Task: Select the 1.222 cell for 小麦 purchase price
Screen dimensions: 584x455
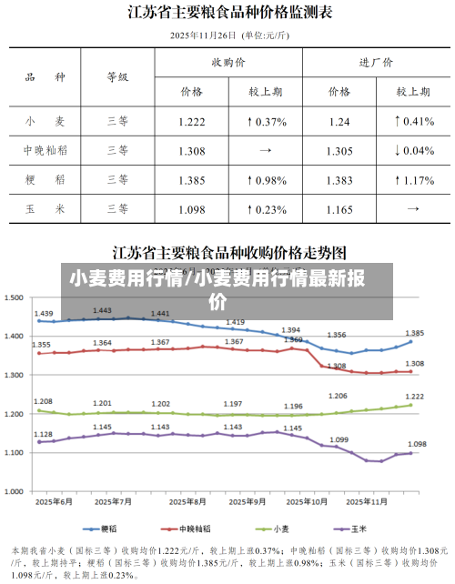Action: coord(191,121)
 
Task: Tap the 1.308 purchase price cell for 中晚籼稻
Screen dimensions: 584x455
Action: coord(191,150)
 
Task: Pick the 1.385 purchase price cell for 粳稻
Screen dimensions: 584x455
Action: coord(191,180)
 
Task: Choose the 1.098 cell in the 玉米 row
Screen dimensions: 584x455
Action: coord(191,209)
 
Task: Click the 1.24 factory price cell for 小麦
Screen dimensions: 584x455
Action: coord(339,121)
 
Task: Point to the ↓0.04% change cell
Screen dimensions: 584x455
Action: coord(413,150)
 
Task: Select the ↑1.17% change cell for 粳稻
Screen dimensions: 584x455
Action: coord(413,180)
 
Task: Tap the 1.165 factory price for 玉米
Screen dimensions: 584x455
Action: coord(339,209)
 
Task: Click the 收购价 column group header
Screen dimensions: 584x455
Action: coord(227,63)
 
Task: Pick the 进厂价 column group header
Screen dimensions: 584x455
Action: coord(376,63)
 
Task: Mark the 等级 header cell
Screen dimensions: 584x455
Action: coord(117,77)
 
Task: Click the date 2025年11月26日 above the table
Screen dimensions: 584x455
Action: coord(203,35)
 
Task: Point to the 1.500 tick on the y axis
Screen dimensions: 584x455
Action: coord(15,297)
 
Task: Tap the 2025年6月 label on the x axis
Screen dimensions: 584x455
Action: coord(56,501)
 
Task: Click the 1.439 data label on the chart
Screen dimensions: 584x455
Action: coord(43,314)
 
